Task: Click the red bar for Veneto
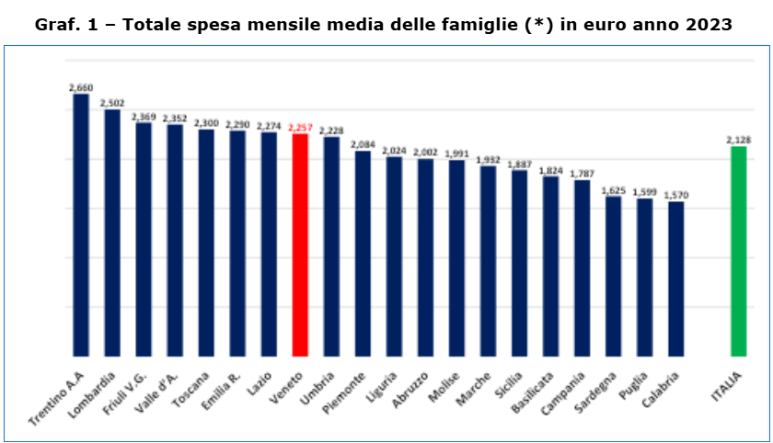click(300, 244)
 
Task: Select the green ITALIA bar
click(738, 251)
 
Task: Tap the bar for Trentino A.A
click(81, 224)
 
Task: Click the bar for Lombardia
click(112, 233)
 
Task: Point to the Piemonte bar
click(363, 253)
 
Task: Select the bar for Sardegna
click(613, 276)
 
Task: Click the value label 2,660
click(81, 86)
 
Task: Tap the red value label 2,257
click(300, 128)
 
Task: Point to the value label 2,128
click(738, 140)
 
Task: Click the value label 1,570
click(675, 195)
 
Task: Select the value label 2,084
click(363, 144)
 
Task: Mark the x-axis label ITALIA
click(728, 387)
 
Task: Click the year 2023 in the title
click(705, 24)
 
